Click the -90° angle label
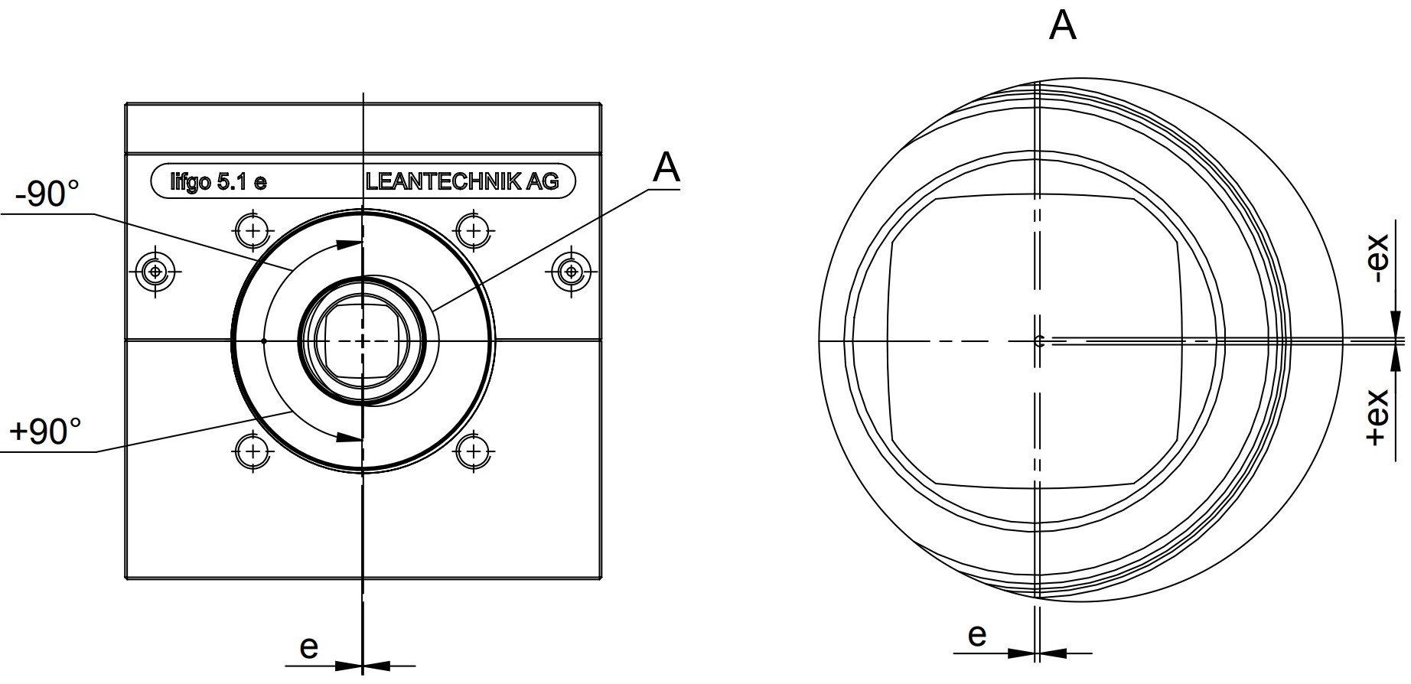tap(47, 194)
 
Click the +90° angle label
tap(45, 432)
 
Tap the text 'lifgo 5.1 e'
tap(218, 182)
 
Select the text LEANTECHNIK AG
tap(462, 181)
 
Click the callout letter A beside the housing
tap(666, 168)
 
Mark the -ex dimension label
tap(1377, 258)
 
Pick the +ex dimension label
tap(1377, 418)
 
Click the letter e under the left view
tap(308, 647)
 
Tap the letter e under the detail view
tap(977, 635)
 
